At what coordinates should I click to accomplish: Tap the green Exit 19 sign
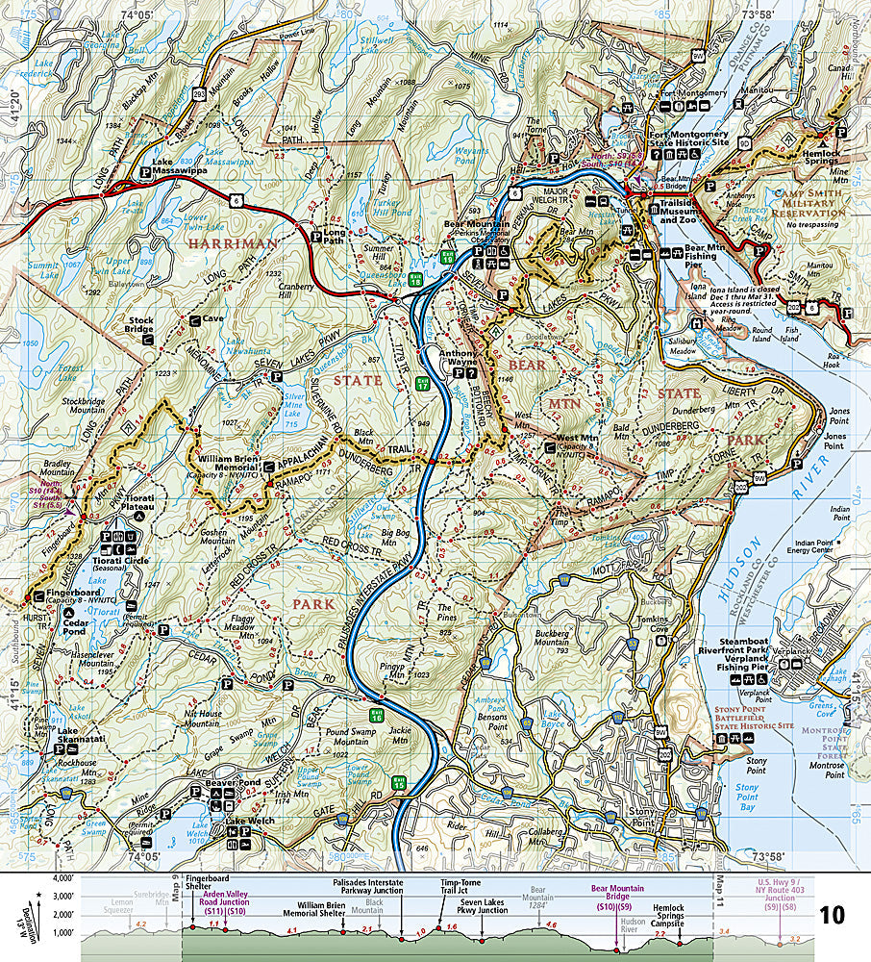tap(447, 257)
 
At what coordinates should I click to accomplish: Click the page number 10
tap(833, 914)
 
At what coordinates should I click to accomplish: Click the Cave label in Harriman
tap(212, 318)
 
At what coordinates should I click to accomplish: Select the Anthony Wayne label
tap(459, 358)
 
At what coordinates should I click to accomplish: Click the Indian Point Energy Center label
tap(830, 544)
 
